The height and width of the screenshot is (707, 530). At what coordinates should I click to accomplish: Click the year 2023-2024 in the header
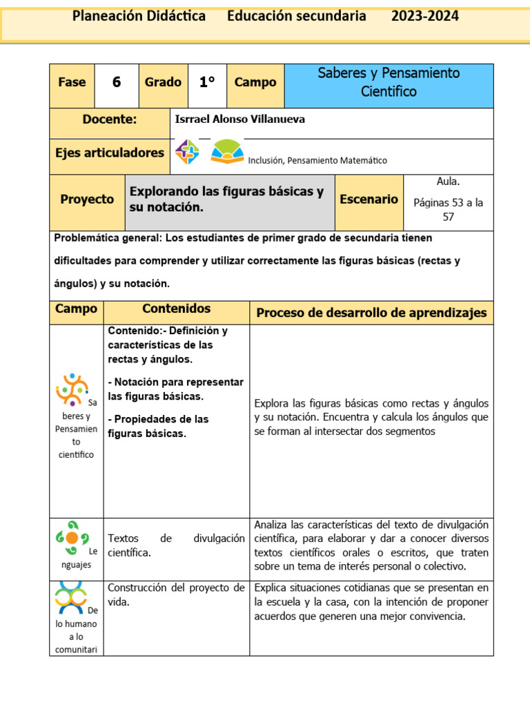(x=424, y=17)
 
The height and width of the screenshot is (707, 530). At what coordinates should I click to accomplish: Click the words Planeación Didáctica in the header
(x=139, y=17)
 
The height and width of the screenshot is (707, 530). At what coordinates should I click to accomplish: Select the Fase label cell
(x=72, y=82)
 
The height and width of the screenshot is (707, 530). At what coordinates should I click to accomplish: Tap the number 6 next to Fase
(x=116, y=82)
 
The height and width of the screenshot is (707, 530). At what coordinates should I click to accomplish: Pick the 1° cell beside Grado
(x=206, y=82)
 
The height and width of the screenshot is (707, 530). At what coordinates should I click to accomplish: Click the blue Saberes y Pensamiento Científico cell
(x=389, y=82)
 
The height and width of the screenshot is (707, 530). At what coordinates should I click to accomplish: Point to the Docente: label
(x=110, y=119)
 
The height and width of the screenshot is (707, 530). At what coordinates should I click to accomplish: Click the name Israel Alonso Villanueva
(x=239, y=119)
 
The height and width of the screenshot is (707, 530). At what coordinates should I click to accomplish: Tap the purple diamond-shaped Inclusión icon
(x=187, y=152)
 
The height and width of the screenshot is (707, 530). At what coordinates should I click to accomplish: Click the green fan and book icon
(x=227, y=152)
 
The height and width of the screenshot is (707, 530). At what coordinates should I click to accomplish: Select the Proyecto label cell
(x=87, y=200)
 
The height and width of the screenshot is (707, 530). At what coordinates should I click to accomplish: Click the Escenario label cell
(x=369, y=200)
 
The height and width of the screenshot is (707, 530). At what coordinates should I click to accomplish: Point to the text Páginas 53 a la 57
(x=448, y=210)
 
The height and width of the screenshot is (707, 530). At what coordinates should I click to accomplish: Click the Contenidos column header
(x=176, y=309)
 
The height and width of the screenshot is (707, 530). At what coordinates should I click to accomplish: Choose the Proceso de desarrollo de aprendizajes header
(x=371, y=313)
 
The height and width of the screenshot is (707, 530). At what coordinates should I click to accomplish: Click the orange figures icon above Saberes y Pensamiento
(x=72, y=389)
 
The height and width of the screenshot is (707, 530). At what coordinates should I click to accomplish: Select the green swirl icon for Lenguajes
(x=71, y=538)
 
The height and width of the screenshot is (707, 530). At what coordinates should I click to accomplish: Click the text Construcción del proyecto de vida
(x=176, y=594)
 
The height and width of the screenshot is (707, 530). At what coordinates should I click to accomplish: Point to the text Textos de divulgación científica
(x=176, y=545)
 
